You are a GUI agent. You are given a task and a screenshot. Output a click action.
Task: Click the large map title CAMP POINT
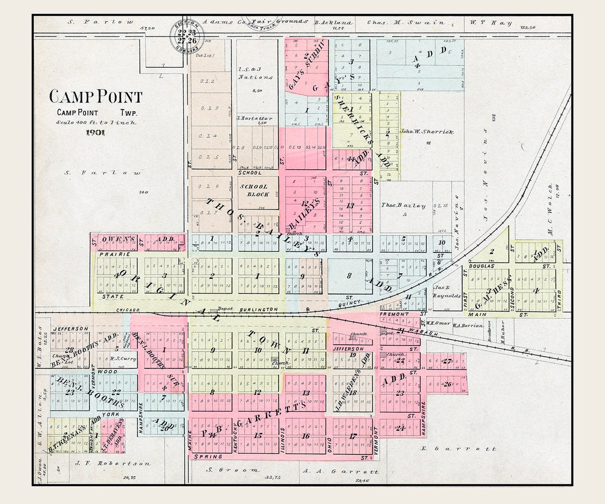coord(96,97)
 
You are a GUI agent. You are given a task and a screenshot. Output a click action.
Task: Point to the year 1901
coord(96,133)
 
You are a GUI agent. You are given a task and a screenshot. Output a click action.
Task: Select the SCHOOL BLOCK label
coord(254,190)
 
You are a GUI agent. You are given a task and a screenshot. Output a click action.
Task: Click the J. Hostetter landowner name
coord(255,118)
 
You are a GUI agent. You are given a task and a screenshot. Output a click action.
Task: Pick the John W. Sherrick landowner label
coord(426,132)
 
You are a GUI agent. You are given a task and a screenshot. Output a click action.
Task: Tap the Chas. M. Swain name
coord(406,23)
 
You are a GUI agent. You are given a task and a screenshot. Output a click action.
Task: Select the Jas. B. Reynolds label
coord(446,292)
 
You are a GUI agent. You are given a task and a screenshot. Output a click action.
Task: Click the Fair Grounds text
coord(289,21)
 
